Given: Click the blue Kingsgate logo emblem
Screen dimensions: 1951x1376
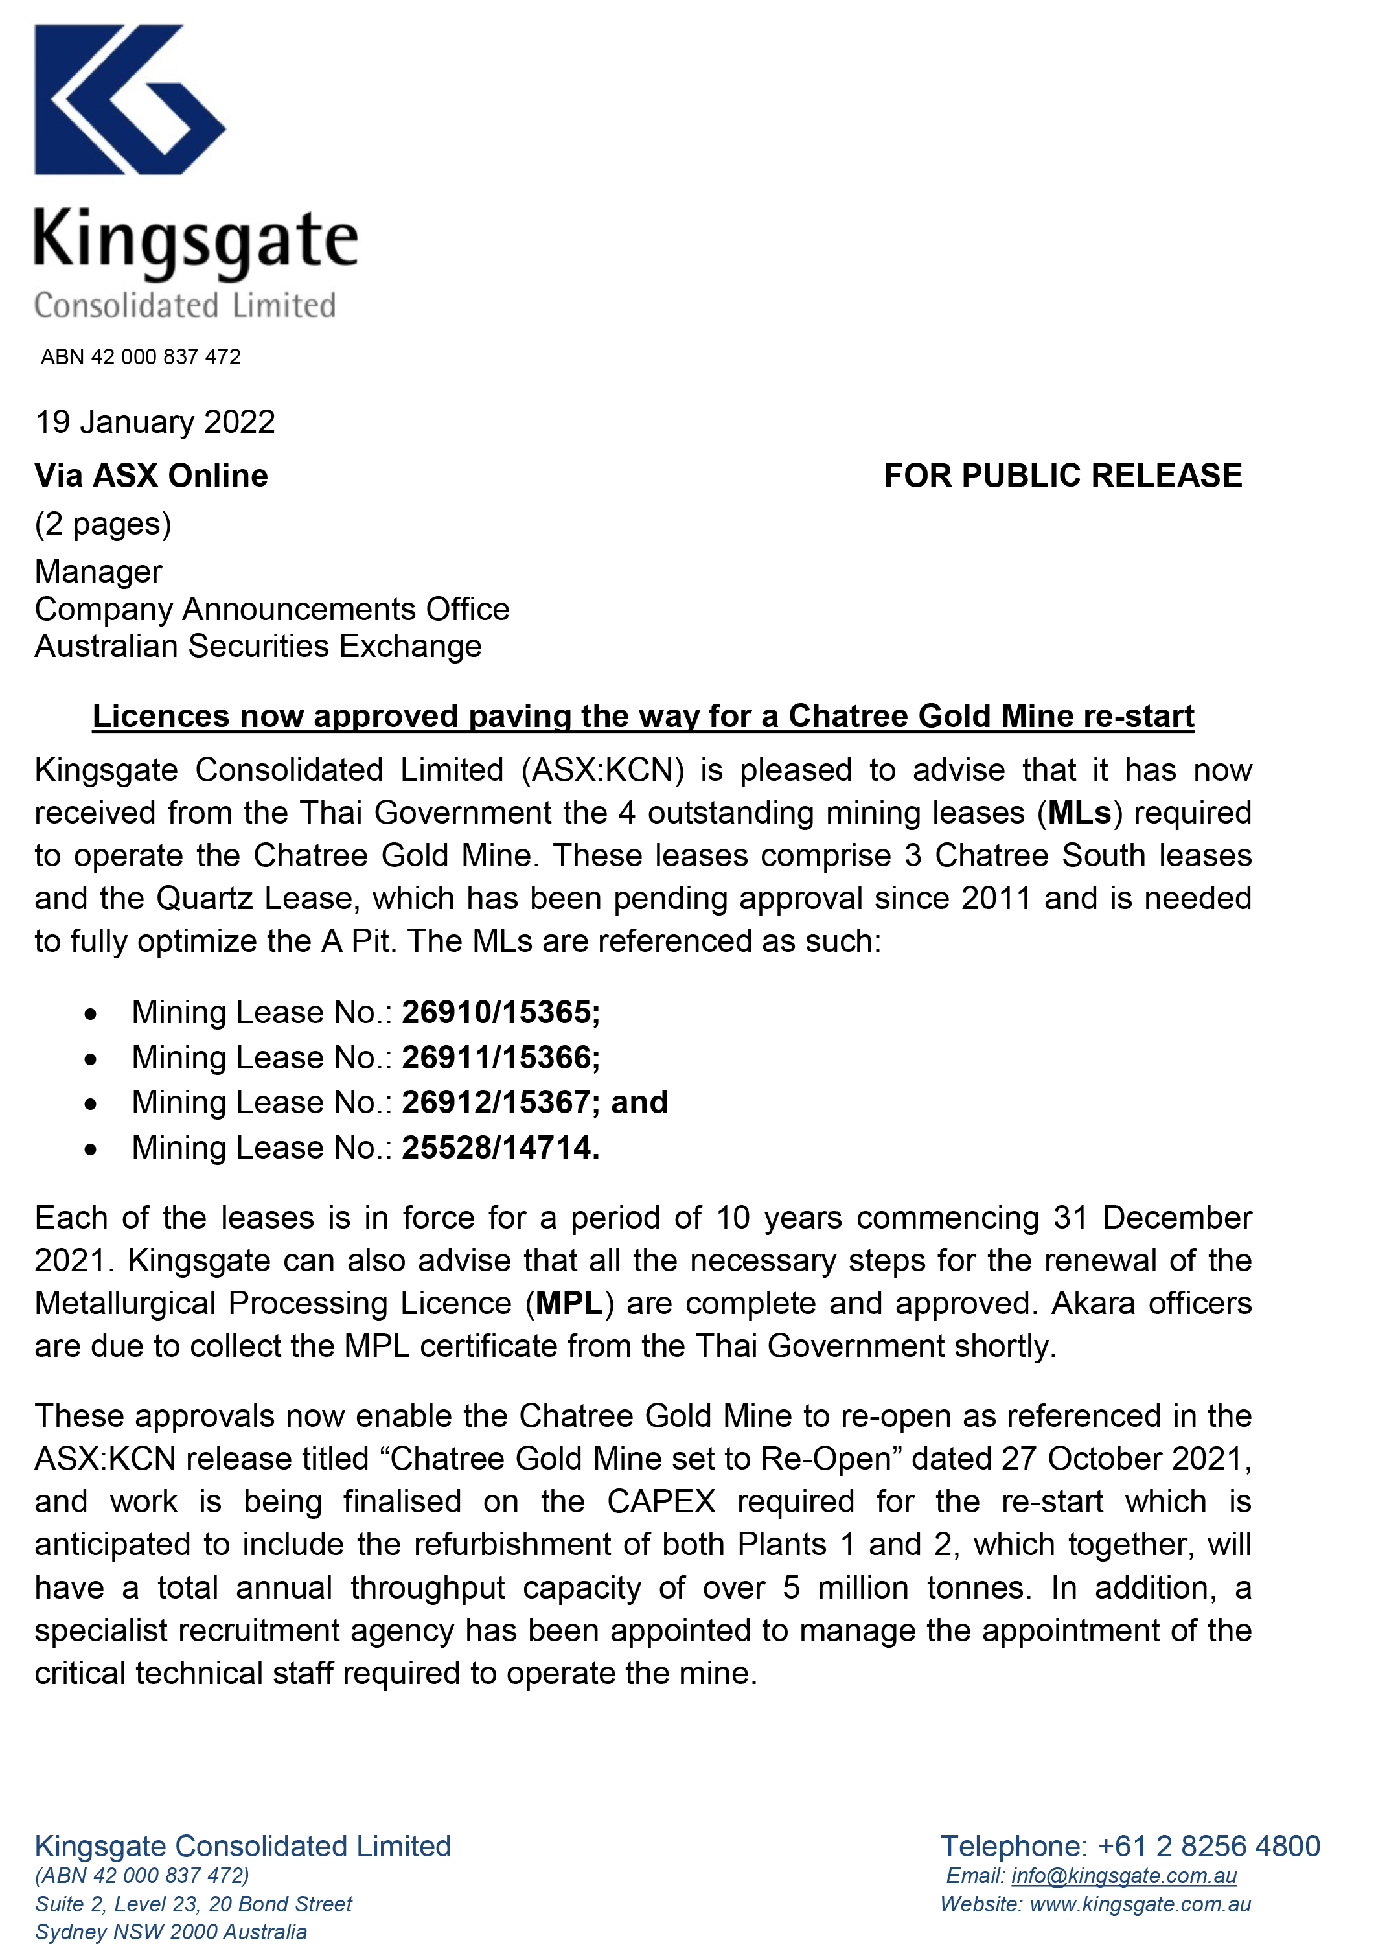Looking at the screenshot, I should (x=129, y=99).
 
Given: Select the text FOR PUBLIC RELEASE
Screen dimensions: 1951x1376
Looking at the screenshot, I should (x=1062, y=476).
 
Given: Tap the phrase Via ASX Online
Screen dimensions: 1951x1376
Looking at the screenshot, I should (x=151, y=476).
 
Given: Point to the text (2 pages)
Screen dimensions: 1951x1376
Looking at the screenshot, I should (x=103, y=524).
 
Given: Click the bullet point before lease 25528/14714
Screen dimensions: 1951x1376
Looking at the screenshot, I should (x=91, y=1149).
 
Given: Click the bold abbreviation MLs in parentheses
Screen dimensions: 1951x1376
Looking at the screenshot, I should (x=1079, y=813).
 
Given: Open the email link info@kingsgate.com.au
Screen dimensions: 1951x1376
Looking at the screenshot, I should (x=1124, y=1875).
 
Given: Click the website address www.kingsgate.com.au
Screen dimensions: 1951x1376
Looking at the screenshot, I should (x=1140, y=1904).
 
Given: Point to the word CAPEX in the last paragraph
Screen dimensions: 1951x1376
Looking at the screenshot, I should (x=661, y=1501).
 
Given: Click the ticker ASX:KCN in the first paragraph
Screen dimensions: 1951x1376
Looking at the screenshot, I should (x=603, y=770).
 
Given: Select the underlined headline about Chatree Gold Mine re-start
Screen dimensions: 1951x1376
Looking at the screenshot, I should (x=643, y=717).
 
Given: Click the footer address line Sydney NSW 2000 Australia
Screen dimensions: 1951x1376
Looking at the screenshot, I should (x=171, y=1932).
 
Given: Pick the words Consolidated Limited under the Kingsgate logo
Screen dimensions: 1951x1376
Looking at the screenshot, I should (x=185, y=305).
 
